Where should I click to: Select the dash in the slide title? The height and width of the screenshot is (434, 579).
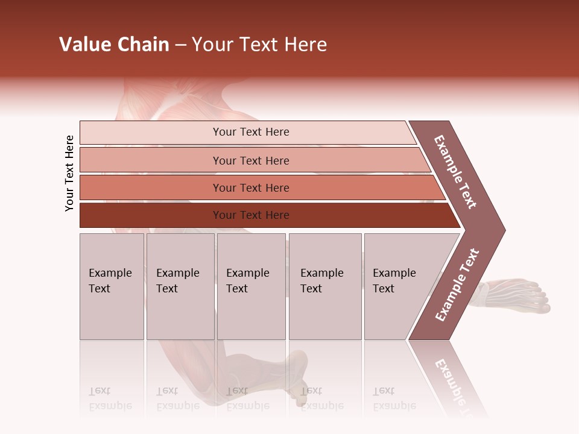[180, 45]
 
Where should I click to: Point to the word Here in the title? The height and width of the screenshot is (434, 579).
[305, 45]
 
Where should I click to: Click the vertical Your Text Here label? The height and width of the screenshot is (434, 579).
[69, 173]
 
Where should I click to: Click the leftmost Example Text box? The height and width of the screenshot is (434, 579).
[112, 286]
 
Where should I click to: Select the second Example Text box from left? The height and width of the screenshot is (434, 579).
[180, 286]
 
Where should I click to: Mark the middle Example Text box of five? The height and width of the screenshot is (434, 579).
[251, 286]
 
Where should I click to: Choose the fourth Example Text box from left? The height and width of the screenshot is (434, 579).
[324, 286]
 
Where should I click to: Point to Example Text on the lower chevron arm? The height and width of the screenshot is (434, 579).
[457, 285]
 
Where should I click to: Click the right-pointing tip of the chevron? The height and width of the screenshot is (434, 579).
[502, 230]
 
